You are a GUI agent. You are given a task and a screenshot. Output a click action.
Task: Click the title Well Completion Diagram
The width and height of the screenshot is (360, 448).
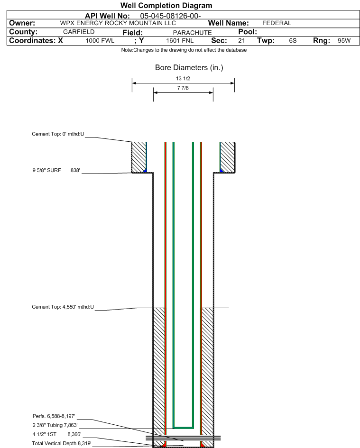tap(166, 5)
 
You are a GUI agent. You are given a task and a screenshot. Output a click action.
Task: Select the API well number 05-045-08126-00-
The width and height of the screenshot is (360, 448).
tap(170, 16)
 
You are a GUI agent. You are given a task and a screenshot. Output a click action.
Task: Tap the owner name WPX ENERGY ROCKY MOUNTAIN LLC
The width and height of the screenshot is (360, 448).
tap(118, 23)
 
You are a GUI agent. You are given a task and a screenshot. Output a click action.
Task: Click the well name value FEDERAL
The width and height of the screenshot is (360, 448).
tap(277, 23)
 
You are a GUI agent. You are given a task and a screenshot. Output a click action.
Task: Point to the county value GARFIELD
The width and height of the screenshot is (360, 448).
tap(79, 32)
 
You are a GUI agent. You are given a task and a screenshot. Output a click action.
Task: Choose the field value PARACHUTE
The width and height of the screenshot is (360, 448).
tap(192, 33)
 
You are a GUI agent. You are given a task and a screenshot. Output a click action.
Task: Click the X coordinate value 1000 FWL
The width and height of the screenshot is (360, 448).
tap(100, 41)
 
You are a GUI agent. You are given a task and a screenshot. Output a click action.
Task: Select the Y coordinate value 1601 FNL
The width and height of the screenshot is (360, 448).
tap(180, 41)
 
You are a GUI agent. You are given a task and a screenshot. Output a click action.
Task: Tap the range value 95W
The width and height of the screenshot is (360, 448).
tap(344, 41)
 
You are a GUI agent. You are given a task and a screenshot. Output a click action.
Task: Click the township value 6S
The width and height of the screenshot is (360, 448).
tap(293, 41)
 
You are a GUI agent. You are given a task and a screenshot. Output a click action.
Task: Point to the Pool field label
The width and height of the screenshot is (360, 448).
tap(248, 32)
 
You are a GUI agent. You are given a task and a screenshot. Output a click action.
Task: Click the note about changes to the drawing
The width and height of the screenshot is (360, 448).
tap(184, 50)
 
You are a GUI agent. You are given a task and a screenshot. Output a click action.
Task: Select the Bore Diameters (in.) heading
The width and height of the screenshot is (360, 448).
tap(189, 67)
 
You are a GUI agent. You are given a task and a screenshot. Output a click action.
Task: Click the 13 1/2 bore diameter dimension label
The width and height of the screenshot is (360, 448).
tap(183, 78)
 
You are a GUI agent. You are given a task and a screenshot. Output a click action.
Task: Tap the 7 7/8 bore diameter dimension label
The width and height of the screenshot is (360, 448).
tap(183, 88)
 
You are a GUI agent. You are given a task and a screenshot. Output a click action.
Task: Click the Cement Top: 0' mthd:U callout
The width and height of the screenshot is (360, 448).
tap(58, 134)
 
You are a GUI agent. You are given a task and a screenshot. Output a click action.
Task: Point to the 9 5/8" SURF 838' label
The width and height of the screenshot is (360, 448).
tap(56, 170)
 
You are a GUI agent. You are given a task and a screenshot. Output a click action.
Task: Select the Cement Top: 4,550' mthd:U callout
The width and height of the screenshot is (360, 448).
tap(63, 307)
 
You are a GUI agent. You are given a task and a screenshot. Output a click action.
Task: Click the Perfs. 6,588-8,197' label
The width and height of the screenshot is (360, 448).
tap(54, 416)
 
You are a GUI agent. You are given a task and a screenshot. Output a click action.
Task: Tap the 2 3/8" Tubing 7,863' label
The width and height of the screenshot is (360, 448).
tap(55, 425)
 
